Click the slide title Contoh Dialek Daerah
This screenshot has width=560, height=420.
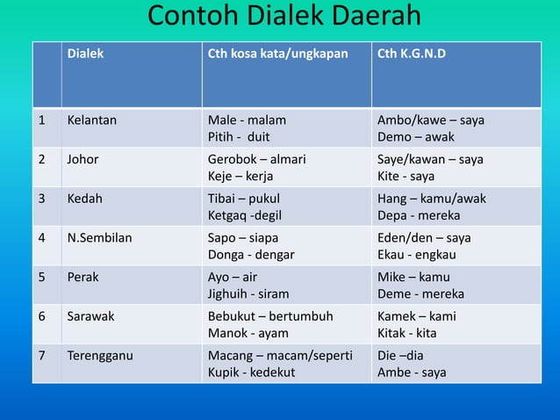click(284, 17)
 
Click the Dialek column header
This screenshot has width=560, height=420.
click(85, 54)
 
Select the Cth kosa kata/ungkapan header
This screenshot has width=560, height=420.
click(276, 54)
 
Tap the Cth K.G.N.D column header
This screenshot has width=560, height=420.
click(411, 54)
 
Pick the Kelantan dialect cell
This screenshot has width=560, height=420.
click(92, 120)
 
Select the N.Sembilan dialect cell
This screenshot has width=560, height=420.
click(100, 238)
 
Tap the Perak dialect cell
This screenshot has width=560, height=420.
click(83, 277)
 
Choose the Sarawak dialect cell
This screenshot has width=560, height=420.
click(90, 316)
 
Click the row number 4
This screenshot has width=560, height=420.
click(40, 238)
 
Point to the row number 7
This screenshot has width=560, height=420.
click(40, 355)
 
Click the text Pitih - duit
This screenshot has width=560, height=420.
click(238, 137)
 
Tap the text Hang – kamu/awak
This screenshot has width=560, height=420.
click(431, 199)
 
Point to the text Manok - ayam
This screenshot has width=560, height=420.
click(248, 333)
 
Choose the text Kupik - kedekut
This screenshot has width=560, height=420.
click(251, 373)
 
